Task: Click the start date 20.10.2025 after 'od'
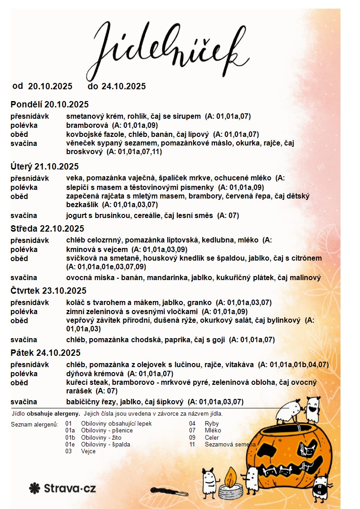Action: point(50,86)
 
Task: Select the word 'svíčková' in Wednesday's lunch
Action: point(81,258)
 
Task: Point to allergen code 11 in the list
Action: point(192,445)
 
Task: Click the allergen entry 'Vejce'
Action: point(88,451)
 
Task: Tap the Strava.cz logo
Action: point(63,488)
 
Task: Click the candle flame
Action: point(230,476)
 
